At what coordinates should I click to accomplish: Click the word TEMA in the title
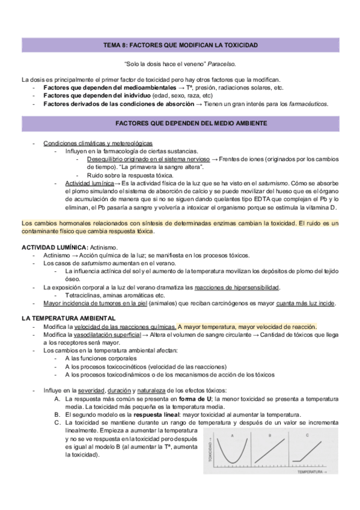pyautogui.click(x=112, y=46)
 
